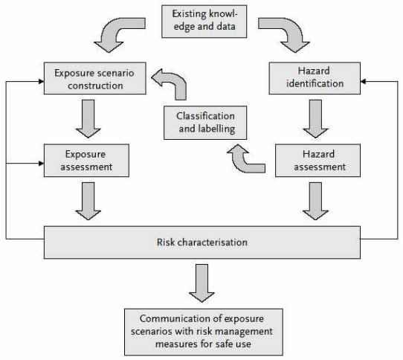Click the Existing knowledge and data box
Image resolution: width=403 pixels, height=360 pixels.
click(x=204, y=22)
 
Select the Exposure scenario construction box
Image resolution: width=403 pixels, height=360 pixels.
click(x=95, y=78)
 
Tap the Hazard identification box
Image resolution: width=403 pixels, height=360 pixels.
click(x=315, y=78)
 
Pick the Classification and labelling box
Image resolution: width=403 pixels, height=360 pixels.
click(x=205, y=123)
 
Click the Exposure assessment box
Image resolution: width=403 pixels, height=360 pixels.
click(x=86, y=161)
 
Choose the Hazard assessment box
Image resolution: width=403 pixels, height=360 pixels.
click(x=317, y=161)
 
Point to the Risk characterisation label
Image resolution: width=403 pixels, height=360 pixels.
click(x=202, y=242)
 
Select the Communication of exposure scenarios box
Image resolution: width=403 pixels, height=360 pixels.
click(x=204, y=332)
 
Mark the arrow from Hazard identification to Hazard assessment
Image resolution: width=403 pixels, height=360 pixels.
click(x=315, y=119)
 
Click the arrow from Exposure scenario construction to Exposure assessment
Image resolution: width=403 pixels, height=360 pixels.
click(x=88, y=119)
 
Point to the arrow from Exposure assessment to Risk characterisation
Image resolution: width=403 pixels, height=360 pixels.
click(x=88, y=201)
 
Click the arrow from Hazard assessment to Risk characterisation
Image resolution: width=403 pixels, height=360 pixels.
click(x=315, y=201)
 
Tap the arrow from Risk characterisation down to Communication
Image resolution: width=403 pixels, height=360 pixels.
click(x=201, y=283)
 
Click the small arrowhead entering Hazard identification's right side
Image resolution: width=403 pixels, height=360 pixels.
click(x=363, y=82)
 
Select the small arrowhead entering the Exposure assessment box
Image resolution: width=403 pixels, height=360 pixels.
click(x=41, y=164)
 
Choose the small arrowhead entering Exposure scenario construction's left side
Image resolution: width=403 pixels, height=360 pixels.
click(x=41, y=82)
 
